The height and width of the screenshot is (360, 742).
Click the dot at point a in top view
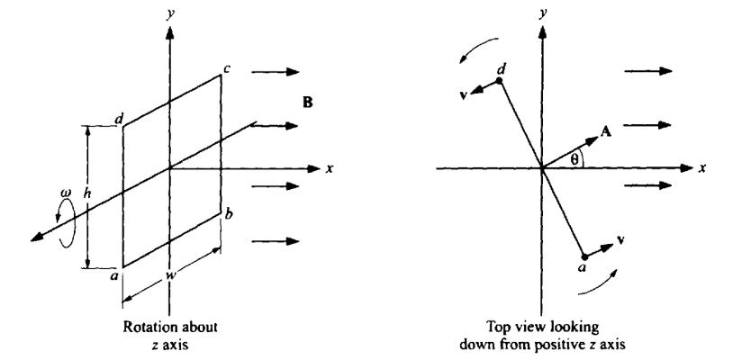coord(584,257)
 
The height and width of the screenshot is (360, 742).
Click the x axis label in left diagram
coord(330,168)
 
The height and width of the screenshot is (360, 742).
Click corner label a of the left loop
coord(113,276)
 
